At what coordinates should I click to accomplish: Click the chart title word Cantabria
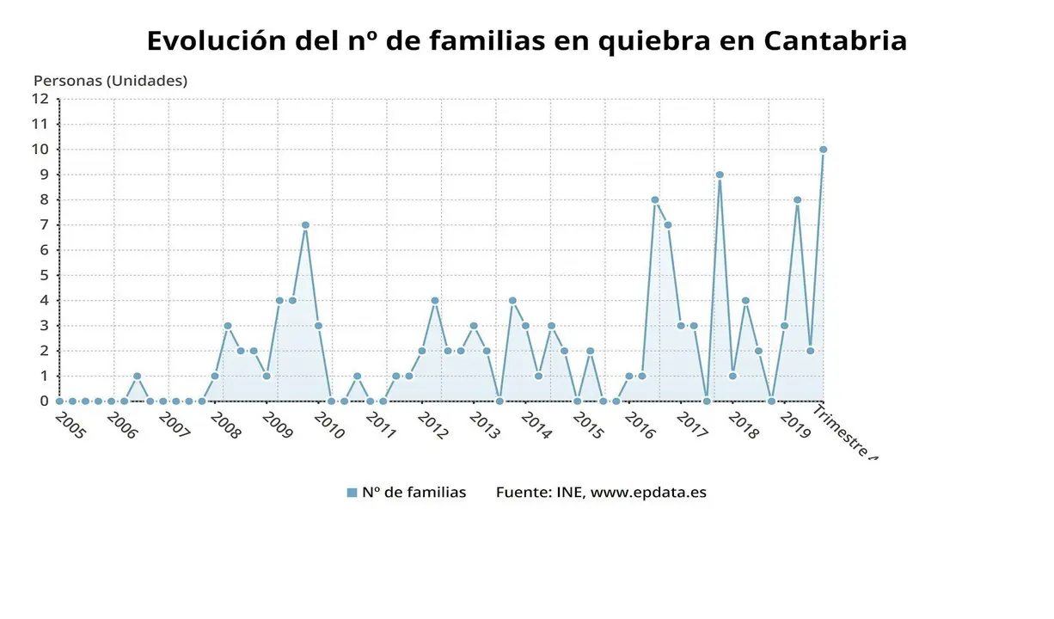(834, 40)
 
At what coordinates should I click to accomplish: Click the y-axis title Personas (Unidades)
(110, 81)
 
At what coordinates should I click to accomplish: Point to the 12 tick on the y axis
(40, 98)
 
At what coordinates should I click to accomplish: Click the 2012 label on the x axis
(433, 426)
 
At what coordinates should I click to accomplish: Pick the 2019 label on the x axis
(795, 426)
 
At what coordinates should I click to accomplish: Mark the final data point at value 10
(823, 150)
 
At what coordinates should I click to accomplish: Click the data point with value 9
(720, 175)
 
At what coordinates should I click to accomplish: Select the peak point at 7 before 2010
(305, 225)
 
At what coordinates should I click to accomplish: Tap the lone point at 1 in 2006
(137, 377)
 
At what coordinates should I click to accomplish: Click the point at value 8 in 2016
(655, 199)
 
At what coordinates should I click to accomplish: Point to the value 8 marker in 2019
(798, 199)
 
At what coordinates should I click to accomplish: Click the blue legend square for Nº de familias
(352, 493)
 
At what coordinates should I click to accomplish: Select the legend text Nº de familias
(414, 493)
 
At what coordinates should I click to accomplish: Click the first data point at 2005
(59, 401)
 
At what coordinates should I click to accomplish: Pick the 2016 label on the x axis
(640, 426)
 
